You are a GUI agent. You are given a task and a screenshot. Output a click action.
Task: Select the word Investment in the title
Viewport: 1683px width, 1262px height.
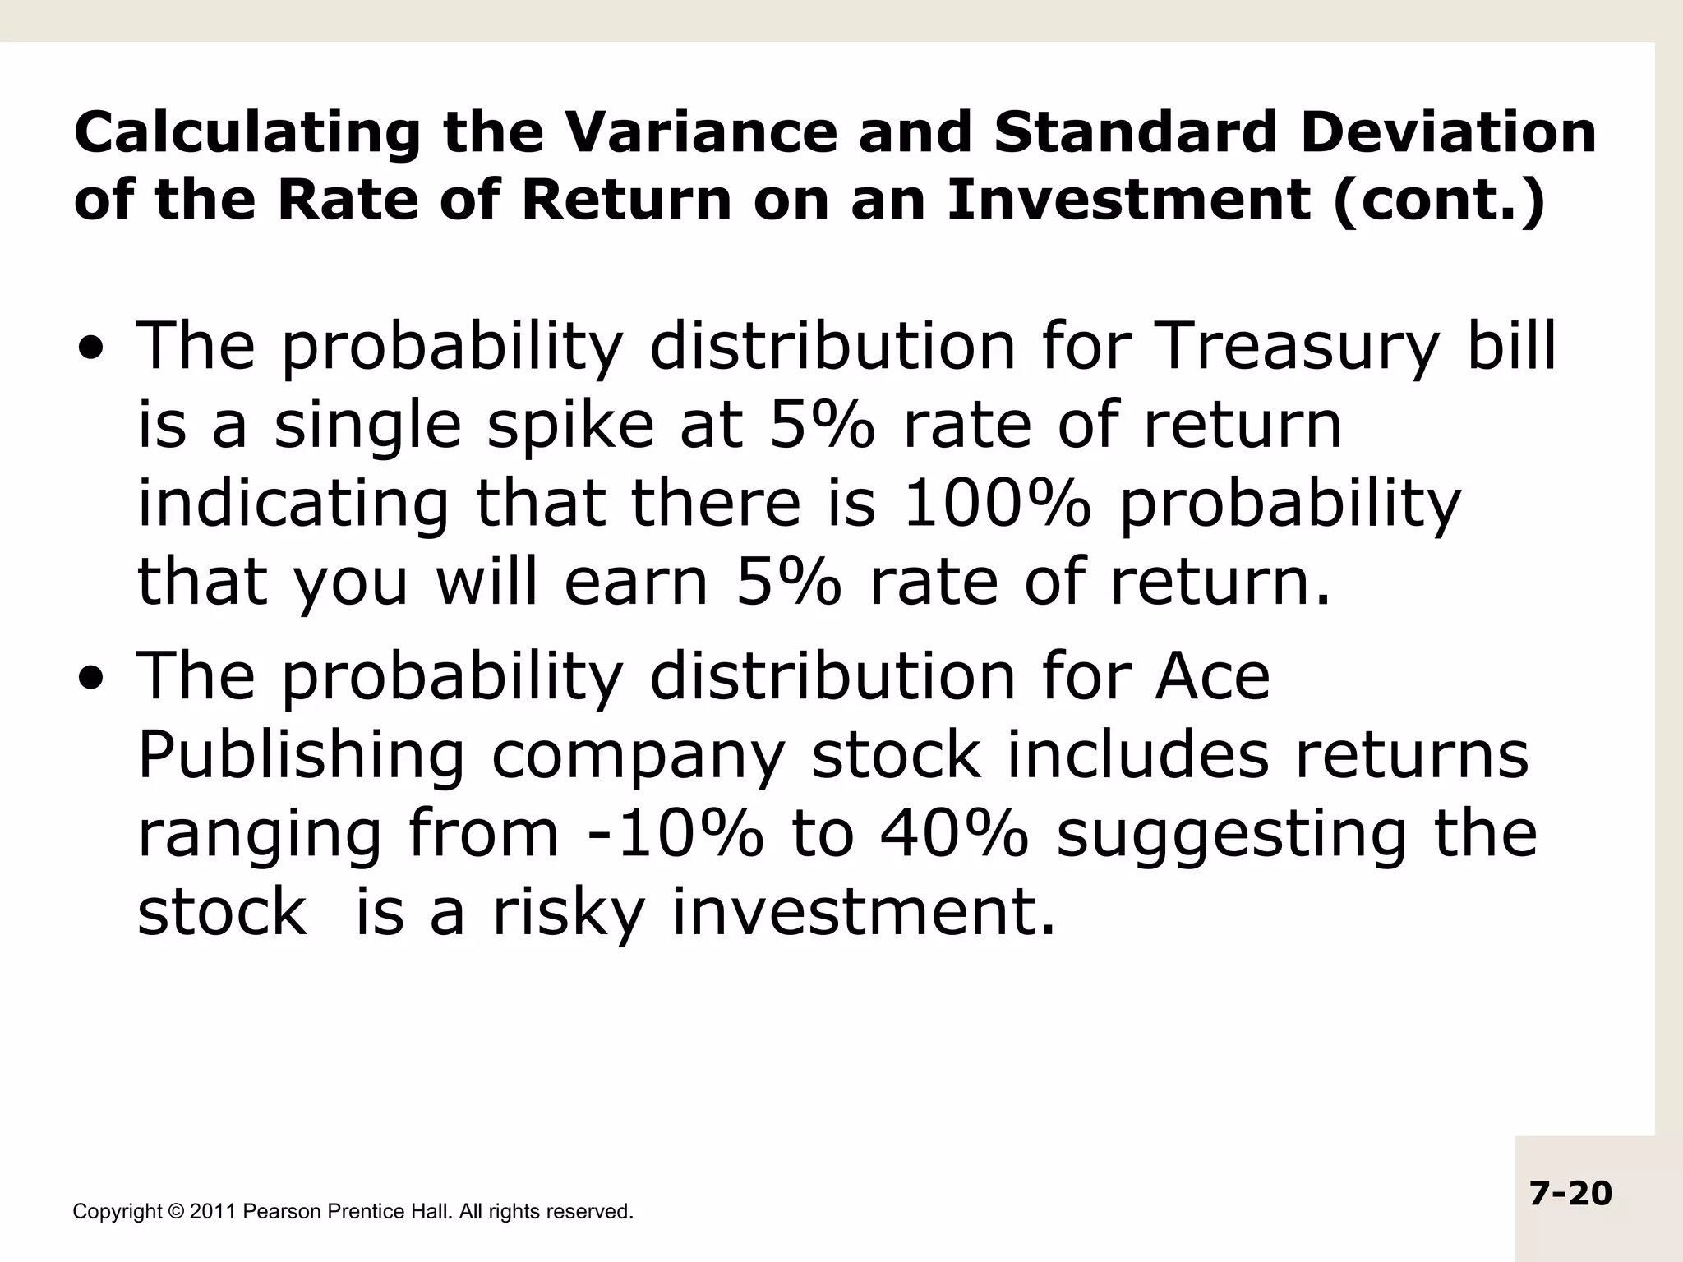1128,200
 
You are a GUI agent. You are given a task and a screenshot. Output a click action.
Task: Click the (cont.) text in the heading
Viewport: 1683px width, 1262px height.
1438,200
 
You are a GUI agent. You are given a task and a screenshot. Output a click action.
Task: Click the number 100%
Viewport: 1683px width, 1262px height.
998,503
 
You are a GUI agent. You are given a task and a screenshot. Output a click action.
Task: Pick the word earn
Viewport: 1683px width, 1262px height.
635,582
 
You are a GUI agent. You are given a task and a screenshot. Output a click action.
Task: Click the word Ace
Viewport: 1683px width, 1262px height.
1212,675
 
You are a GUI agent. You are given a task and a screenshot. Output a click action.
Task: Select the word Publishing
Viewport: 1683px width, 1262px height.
301,756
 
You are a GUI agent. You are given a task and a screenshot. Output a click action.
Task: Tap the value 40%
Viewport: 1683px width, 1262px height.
953,833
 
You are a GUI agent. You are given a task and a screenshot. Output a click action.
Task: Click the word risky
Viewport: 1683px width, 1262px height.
568,912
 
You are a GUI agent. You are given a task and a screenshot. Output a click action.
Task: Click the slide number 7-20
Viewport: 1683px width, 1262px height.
1571,1193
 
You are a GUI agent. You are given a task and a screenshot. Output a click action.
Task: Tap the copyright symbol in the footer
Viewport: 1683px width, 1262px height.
176,1211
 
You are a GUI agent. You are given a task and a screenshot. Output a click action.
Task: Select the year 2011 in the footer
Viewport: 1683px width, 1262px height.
213,1211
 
